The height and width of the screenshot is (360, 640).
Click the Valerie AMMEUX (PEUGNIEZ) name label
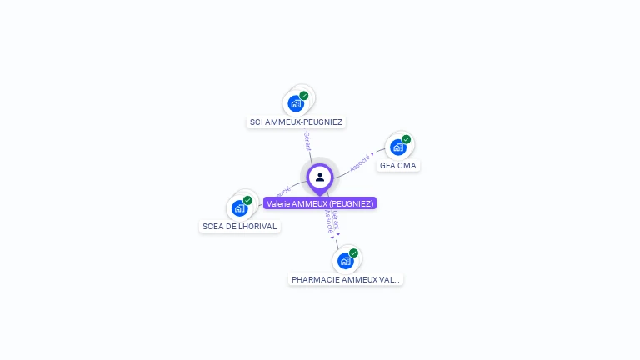coord(320,203)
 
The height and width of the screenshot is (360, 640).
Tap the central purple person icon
coord(320,177)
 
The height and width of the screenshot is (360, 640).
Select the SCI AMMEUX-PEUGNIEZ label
coord(296,122)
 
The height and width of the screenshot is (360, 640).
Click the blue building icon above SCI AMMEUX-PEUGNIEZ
coord(295,103)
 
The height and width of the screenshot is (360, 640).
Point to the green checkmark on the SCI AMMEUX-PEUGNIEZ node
coord(304,96)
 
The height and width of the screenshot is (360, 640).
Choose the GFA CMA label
coord(397,166)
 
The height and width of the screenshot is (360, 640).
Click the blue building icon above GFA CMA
coord(397,147)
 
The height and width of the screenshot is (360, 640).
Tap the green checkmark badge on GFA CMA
coord(407,139)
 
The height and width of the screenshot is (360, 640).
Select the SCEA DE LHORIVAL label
coord(239,227)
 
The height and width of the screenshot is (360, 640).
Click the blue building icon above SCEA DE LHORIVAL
coord(239,208)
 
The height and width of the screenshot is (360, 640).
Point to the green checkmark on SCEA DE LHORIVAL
coord(247,200)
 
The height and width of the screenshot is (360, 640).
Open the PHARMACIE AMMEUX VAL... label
coord(346,280)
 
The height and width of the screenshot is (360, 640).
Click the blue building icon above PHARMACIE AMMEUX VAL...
coord(345,261)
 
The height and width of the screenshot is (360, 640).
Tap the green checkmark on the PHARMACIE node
coord(354,252)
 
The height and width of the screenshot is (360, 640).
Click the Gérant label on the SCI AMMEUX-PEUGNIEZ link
coord(307,141)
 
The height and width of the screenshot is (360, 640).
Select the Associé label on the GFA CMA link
coord(360,162)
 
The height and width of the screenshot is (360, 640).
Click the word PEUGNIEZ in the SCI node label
coord(321,122)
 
